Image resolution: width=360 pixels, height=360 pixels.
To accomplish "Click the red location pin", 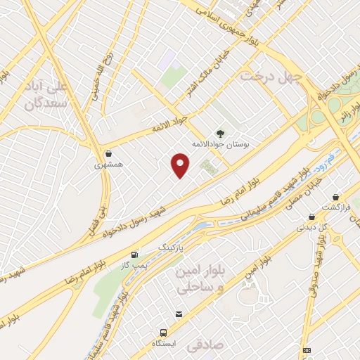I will coord(181,165).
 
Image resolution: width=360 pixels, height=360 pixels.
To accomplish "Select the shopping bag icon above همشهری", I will coord(108,153).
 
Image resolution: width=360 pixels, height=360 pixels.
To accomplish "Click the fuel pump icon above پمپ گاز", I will coord(134,254).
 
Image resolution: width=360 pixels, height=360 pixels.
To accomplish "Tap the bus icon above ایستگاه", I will coord(163,332).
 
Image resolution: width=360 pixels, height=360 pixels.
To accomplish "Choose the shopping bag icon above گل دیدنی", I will coord(311,217).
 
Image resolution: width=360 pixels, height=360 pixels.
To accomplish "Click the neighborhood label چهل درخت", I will coord(271,75).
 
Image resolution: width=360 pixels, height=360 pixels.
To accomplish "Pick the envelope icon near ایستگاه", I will coord(180,314).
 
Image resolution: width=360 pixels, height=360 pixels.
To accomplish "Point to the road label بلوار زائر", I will coord(347,110).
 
